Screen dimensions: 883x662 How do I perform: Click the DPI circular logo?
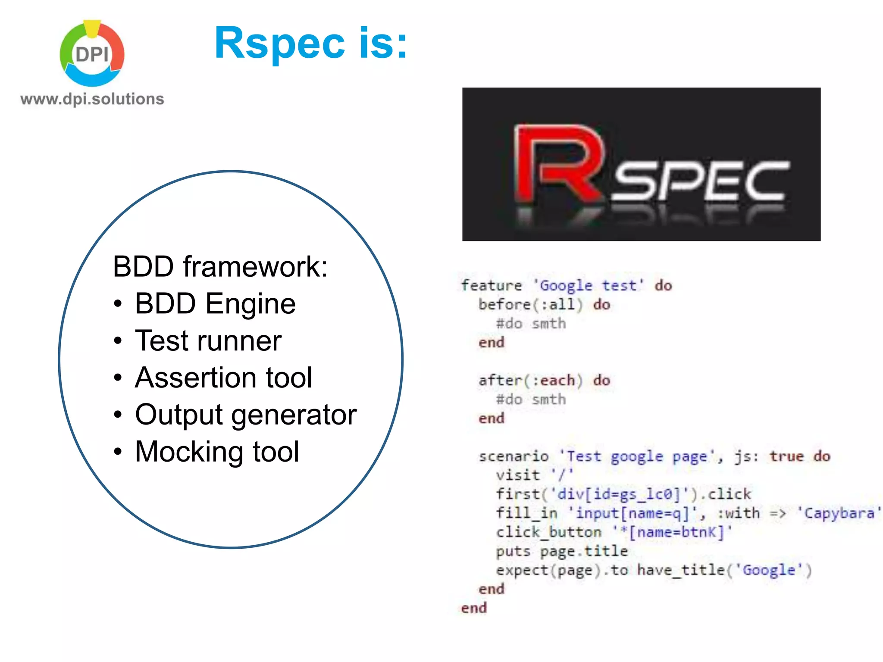(x=92, y=54)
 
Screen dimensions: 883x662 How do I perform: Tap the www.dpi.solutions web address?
(x=92, y=99)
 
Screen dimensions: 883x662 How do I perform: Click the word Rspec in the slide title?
(x=279, y=43)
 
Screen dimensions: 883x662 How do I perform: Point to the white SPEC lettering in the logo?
(x=701, y=181)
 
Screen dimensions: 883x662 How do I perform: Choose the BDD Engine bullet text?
(x=215, y=303)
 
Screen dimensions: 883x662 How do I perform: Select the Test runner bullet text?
(x=208, y=340)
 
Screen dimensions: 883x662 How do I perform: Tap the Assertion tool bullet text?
(x=223, y=378)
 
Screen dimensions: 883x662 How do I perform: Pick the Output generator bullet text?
(x=246, y=415)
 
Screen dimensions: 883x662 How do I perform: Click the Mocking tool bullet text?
(x=217, y=452)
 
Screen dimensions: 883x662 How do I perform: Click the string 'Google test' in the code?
(x=588, y=285)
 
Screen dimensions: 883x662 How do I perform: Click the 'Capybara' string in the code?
(x=838, y=513)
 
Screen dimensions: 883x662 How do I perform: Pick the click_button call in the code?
(x=548, y=532)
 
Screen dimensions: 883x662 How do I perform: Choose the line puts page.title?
(x=562, y=551)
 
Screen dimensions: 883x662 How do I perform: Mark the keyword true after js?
(x=787, y=456)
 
